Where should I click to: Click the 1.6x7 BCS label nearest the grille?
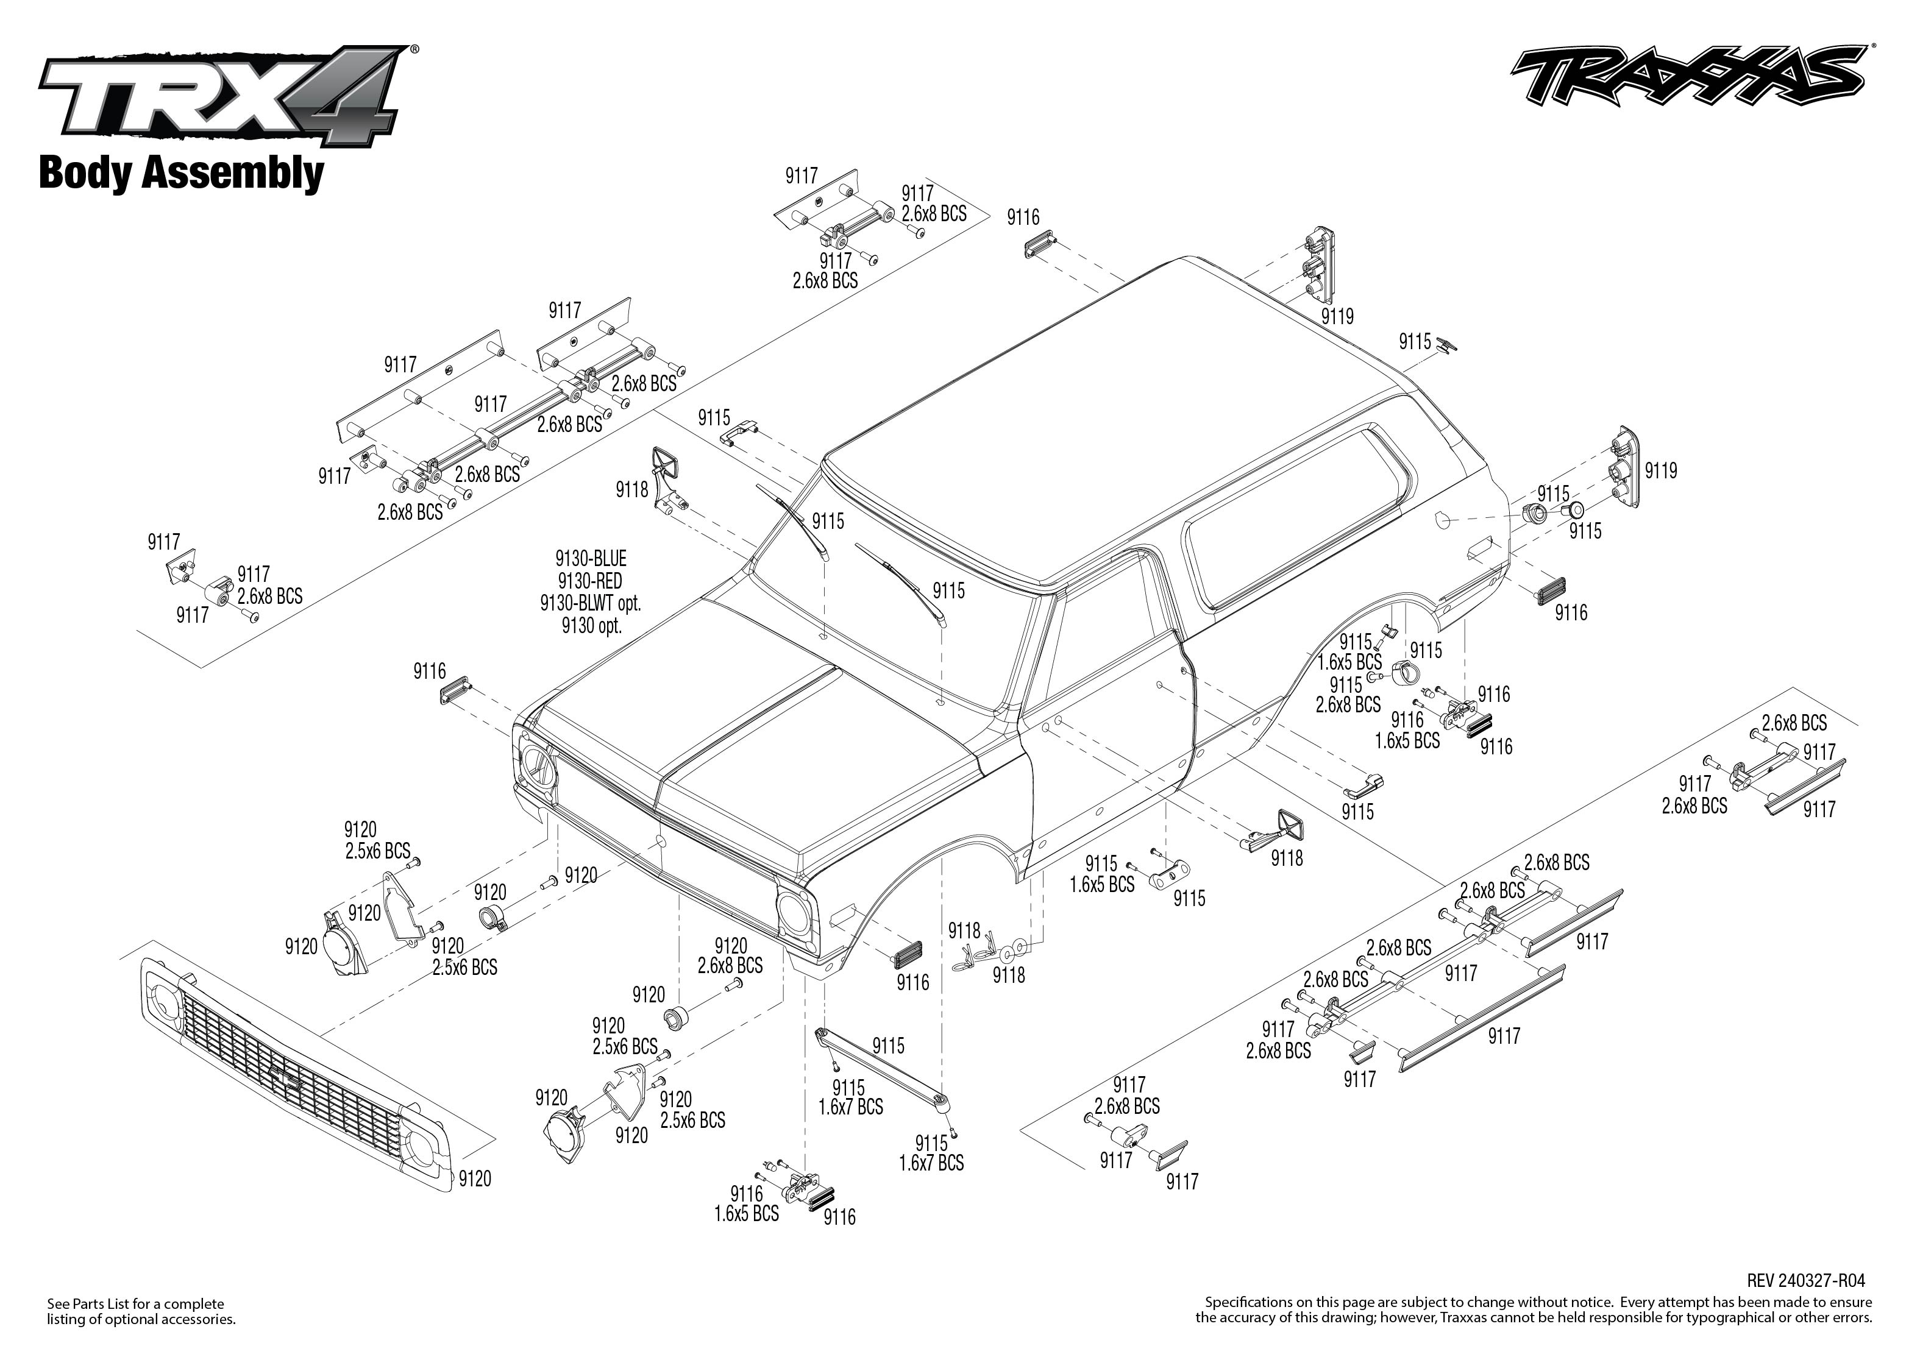[850, 1107]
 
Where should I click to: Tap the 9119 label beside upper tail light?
[1337, 317]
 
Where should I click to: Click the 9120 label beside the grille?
[474, 1178]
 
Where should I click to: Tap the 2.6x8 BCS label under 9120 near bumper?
[730, 966]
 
